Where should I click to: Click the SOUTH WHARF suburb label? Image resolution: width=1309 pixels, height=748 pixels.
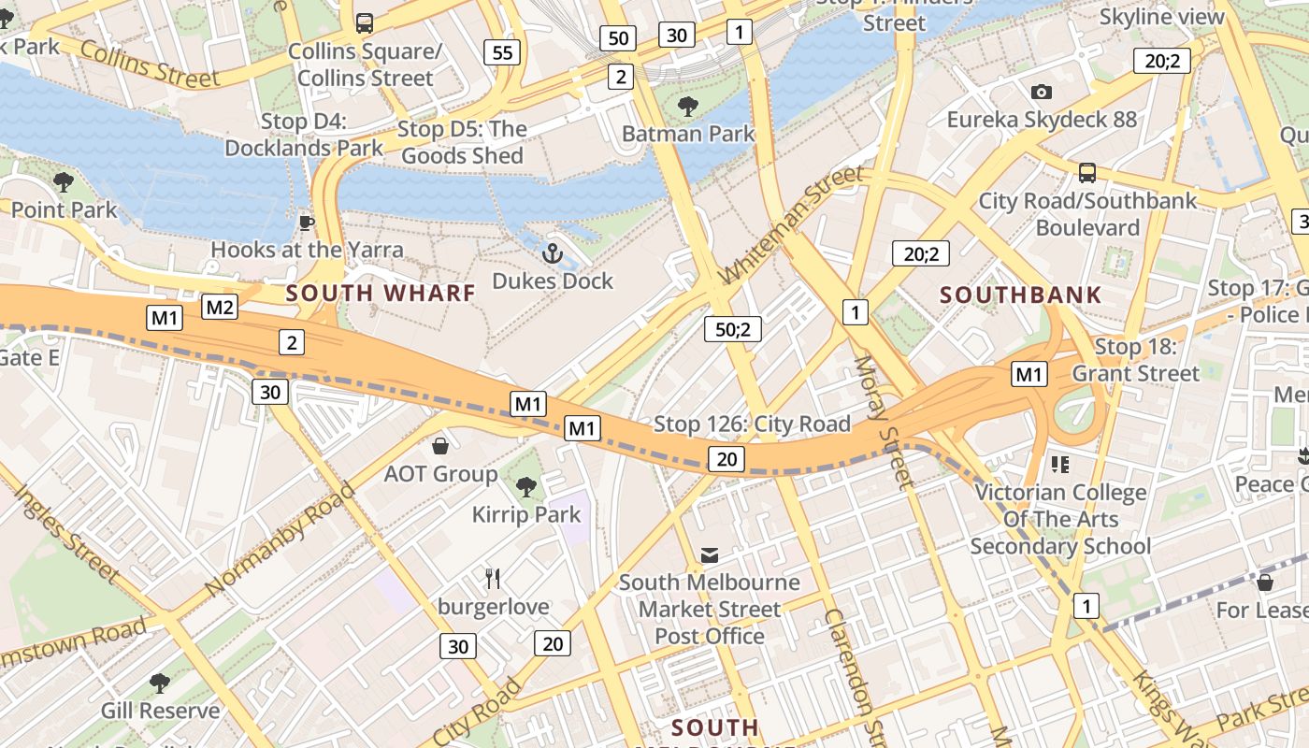(x=381, y=293)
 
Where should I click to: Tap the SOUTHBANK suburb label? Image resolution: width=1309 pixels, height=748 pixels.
(x=1021, y=295)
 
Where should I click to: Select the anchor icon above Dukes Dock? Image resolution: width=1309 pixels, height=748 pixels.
(x=553, y=252)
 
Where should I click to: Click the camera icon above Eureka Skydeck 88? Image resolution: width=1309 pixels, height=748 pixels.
(x=1041, y=92)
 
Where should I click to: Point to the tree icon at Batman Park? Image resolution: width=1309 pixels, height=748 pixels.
(x=688, y=106)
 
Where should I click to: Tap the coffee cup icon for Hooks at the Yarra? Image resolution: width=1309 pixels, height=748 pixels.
(x=306, y=222)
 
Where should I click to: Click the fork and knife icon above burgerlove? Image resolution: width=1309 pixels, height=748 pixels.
(x=494, y=579)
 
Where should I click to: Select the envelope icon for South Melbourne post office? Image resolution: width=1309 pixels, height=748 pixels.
(x=710, y=555)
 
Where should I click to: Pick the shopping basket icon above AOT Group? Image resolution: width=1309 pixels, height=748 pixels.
(x=440, y=446)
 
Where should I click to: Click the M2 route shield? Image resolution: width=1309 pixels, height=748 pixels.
(x=220, y=307)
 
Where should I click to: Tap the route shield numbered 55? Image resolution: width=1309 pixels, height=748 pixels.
(x=502, y=52)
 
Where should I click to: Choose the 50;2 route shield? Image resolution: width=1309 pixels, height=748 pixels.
(x=733, y=329)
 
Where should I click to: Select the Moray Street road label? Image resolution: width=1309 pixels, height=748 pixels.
(x=882, y=422)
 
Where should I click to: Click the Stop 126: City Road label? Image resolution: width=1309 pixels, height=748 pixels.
(x=752, y=424)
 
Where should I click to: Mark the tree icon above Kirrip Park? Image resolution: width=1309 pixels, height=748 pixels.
(x=526, y=486)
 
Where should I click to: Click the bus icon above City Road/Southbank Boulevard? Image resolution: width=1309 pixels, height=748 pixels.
(x=1087, y=173)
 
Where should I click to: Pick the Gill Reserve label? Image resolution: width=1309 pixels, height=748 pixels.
(x=160, y=711)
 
